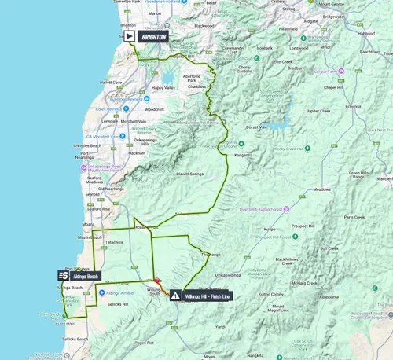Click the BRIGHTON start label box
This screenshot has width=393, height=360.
click(x=152, y=36)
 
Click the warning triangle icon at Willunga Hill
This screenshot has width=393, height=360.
click(x=174, y=296)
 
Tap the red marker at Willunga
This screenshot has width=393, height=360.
click(x=157, y=281)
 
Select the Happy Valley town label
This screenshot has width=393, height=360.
click(x=164, y=88)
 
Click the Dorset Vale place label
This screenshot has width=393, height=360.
click(x=257, y=127)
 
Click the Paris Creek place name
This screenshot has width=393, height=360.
click(x=354, y=216)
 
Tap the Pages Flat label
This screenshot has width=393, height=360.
click(x=143, y=343)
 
